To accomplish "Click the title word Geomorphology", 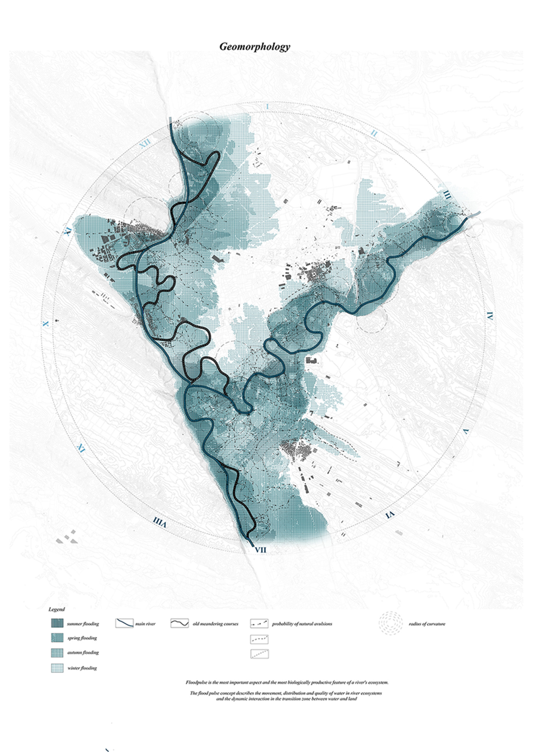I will coord(254,46).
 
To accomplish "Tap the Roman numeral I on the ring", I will coord(267,106).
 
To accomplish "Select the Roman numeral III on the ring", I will coord(447,195).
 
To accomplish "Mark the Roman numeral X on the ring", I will coord(46,324).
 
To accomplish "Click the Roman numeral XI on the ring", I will coord(67,232).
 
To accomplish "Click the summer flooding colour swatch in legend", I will coord(57,623).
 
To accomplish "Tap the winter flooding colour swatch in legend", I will coord(57,668).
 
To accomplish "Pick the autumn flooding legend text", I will coord(83,652).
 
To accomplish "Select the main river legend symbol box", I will coord(124,623).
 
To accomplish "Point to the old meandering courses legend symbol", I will coord(180,623).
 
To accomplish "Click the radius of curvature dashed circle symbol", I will coord(391,623).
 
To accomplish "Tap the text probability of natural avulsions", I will coord(302,624).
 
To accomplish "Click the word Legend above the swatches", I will coord(56,609).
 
